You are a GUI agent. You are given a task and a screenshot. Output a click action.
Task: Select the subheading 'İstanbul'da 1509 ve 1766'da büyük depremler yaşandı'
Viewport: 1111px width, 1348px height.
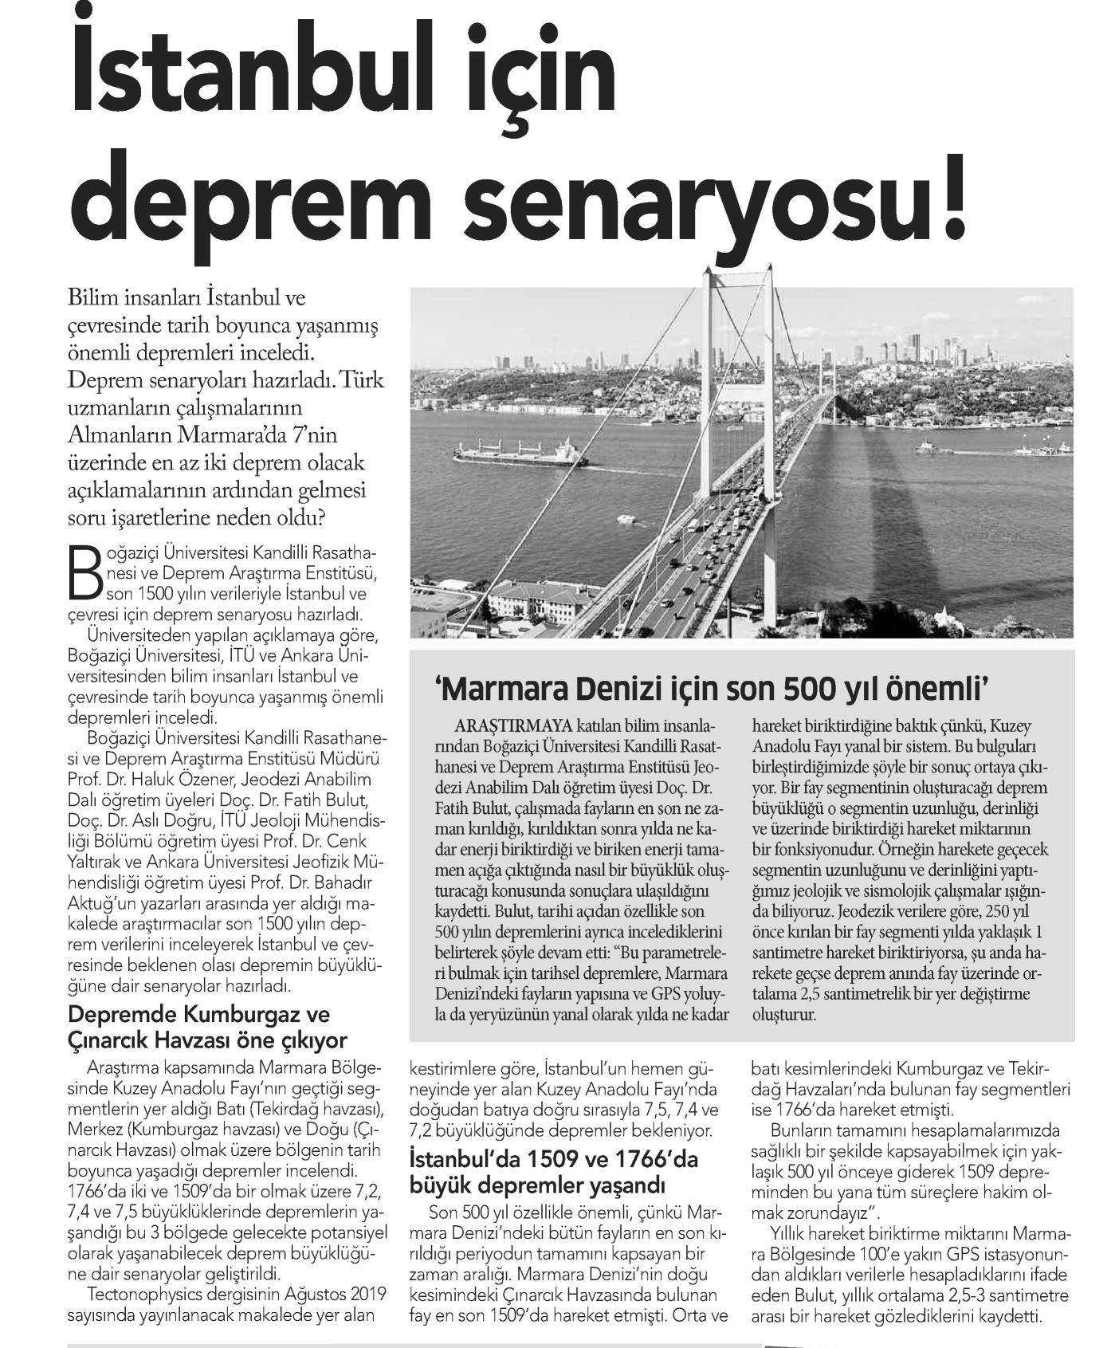pos(553,1171)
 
